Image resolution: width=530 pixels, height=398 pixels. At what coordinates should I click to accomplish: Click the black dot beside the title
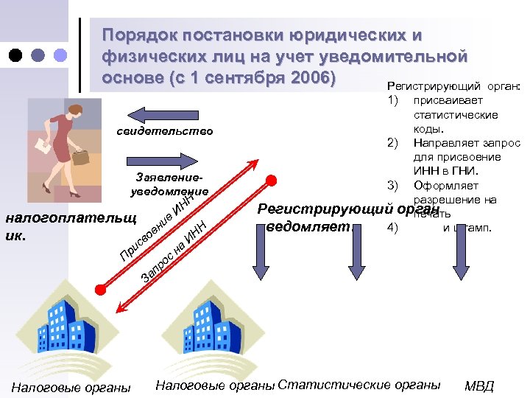point(16,55)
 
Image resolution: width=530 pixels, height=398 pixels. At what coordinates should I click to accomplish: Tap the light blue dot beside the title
point(60,55)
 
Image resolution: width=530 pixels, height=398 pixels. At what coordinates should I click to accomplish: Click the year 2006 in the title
point(309,77)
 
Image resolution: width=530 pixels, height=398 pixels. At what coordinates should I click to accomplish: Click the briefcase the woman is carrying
point(80,156)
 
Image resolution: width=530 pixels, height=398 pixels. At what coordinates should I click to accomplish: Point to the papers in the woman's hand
point(43,147)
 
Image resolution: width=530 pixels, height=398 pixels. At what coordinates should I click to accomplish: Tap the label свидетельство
point(165,131)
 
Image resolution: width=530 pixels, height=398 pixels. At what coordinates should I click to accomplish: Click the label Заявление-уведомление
point(169,185)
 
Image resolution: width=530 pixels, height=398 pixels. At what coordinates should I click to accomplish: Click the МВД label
point(479,386)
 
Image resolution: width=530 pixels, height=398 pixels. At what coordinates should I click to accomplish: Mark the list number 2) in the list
point(392,143)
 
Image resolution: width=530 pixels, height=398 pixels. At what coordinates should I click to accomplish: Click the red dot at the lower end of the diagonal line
point(101,284)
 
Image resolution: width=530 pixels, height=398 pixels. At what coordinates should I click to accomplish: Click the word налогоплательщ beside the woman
point(71,218)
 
